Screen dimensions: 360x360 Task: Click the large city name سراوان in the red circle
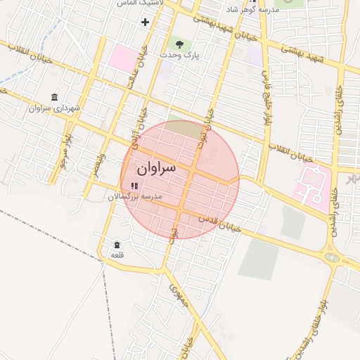click(156, 169)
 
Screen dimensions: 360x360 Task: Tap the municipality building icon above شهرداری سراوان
click(55, 96)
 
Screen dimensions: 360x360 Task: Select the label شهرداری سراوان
click(56, 108)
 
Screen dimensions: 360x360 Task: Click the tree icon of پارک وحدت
click(180, 44)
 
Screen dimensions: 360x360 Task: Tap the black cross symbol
click(145, 22)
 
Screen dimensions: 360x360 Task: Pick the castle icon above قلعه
click(117, 244)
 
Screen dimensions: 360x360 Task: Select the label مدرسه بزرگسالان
click(134, 197)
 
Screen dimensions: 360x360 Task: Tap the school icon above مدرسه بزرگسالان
click(134, 186)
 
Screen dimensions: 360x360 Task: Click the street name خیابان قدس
click(220, 224)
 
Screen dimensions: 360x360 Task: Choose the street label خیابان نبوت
click(206, 123)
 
